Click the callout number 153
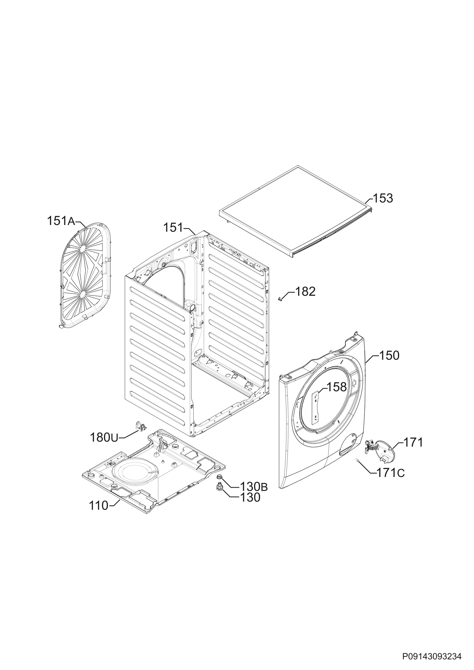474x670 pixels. (383, 198)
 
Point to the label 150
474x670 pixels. (389, 356)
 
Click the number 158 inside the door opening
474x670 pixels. (336, 387)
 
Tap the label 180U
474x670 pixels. (104, 446)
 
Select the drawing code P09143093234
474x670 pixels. (432, 657)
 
